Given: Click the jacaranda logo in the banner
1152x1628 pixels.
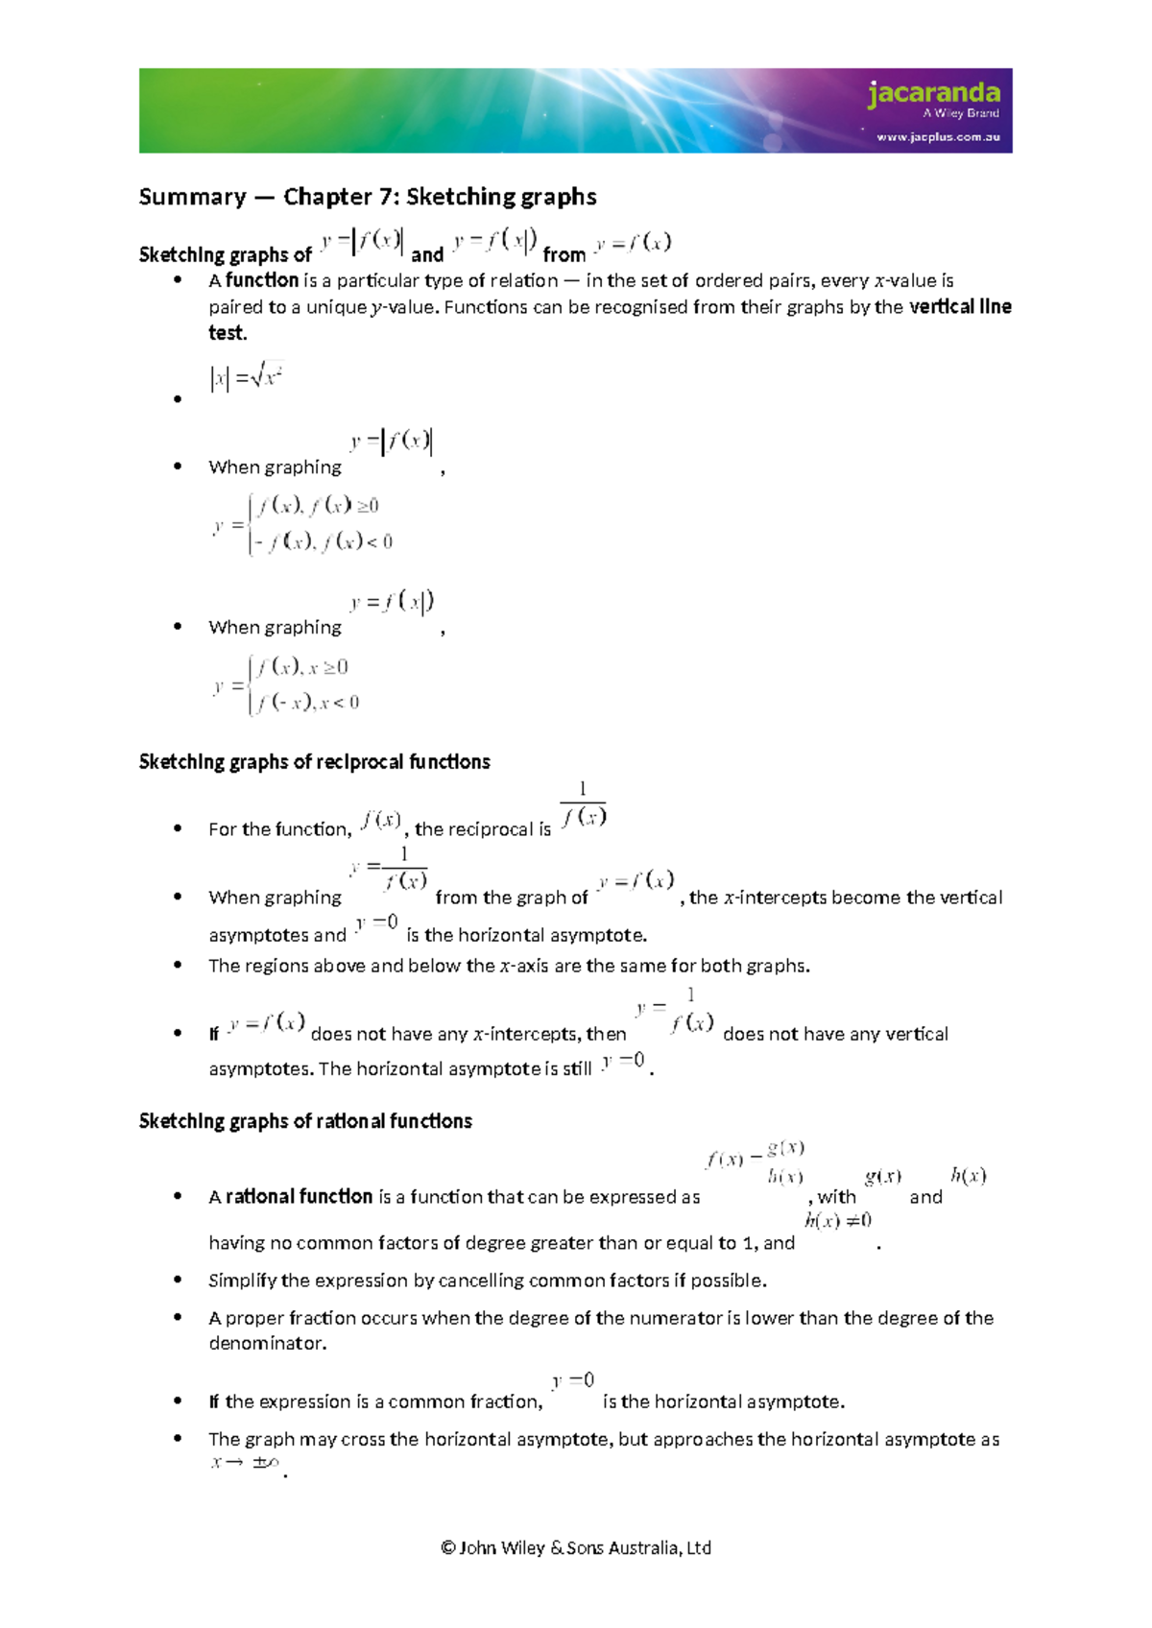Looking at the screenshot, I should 933,93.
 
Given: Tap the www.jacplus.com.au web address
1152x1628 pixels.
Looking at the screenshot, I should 937,137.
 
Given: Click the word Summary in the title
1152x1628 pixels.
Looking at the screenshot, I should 192,197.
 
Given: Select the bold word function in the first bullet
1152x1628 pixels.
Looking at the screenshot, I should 262,280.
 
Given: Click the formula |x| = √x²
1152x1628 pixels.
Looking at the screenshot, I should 246,376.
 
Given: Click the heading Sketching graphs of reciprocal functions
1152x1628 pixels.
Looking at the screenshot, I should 314,762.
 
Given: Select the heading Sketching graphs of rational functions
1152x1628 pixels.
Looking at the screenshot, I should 305,1121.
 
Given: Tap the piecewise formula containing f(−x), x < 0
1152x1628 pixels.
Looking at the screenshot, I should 288,684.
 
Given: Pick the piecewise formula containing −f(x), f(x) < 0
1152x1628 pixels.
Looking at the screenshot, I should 303,524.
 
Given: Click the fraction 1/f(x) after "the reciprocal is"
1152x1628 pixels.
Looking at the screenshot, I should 583,805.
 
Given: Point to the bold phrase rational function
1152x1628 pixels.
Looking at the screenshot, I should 299,1197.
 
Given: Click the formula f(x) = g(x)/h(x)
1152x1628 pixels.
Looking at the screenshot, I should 756,1161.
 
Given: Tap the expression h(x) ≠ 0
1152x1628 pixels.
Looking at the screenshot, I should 838,1221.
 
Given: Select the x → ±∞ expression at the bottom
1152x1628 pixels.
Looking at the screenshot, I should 245,1463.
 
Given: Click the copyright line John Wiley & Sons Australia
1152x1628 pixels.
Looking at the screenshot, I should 576,1547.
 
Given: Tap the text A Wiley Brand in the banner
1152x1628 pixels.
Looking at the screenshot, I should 960,113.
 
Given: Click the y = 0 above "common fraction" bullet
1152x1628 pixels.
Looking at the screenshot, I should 573,1381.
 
